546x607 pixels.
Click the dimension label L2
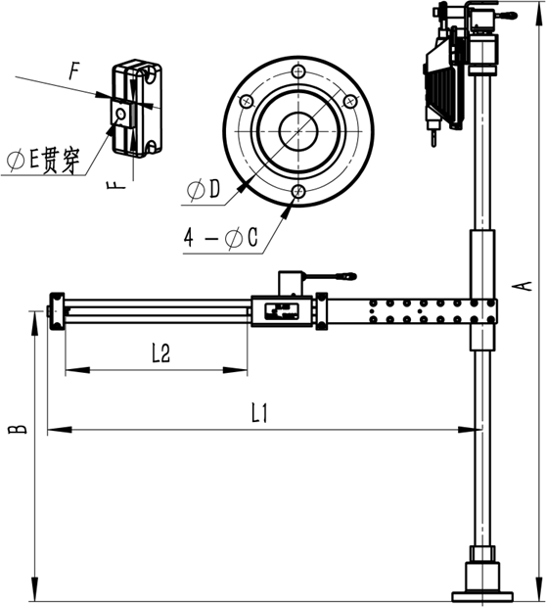coord(161,352)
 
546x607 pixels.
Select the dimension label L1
coord(259,413)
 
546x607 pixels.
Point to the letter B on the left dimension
coord(18,429)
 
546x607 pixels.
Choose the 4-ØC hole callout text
coord(220,237)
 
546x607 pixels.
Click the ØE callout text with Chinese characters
coord(43,161)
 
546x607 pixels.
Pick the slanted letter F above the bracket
coord(74,71)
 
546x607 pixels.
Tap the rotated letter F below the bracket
coord(116,184)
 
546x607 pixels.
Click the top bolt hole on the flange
coord(298,71)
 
